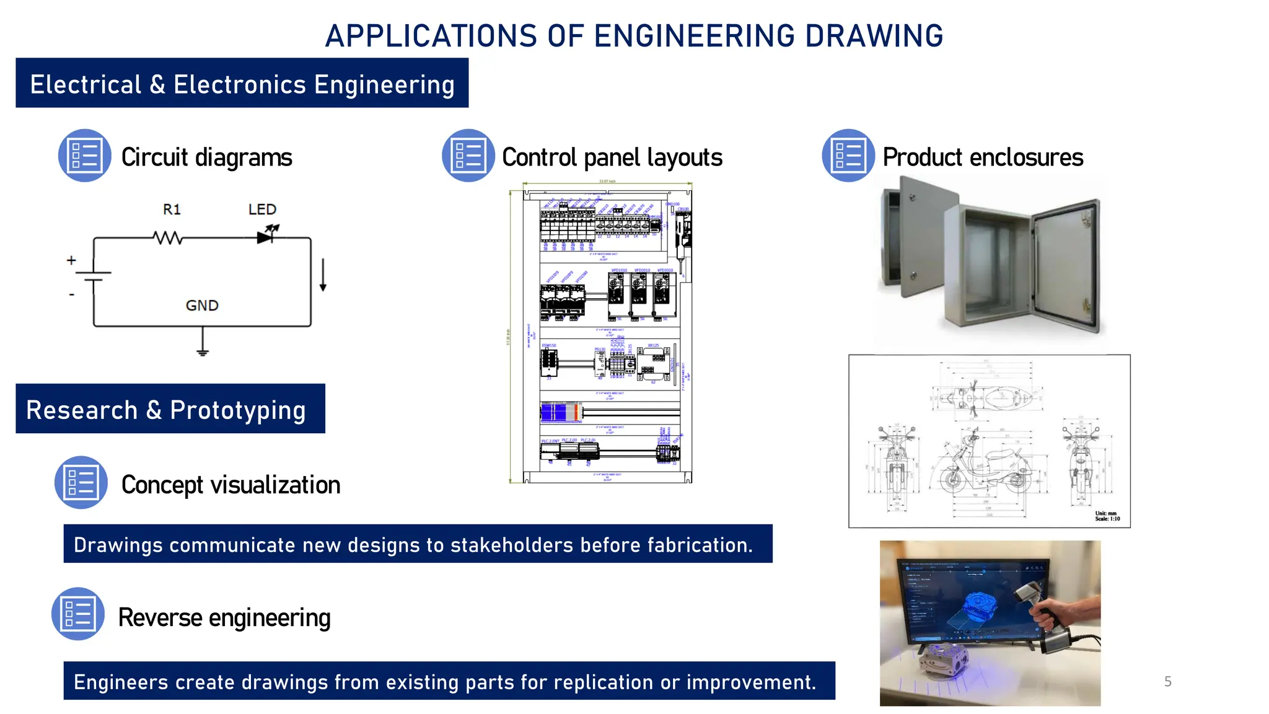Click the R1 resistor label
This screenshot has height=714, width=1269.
(172, 209)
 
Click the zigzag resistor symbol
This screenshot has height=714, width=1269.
(167, 237)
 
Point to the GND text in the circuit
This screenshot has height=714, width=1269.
(202, 306)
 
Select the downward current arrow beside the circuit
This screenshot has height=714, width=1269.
(323, 276)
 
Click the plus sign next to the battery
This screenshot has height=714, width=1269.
(71, 260)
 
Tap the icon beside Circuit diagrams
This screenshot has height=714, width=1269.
(85, 156)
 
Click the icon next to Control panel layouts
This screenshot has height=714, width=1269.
(468, 156)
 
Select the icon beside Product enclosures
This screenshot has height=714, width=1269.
(848, 156)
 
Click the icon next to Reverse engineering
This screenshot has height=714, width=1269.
(78, 614)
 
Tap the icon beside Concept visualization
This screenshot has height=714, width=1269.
(81, 482)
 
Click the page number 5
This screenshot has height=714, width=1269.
(1167, 681)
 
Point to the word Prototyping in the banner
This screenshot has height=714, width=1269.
(238, 410)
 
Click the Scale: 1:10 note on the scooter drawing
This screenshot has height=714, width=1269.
(1107, 519)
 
